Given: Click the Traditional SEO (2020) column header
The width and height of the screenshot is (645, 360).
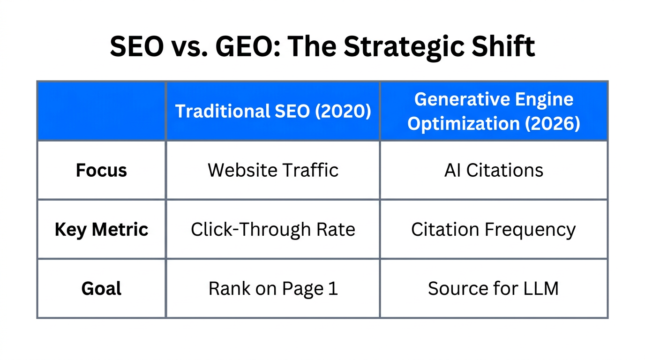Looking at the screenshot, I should click(273, 112).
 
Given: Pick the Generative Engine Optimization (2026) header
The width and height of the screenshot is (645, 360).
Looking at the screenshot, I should click(494, 112).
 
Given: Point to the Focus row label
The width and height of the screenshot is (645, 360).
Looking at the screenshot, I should click(101, 170).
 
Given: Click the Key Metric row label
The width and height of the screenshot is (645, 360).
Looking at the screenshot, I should click(101, 230).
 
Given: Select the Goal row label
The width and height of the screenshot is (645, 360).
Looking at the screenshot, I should click(101, 289).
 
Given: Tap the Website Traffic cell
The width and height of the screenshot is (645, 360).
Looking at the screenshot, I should click(273, 170).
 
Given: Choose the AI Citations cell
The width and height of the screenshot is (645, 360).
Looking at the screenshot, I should click(494, 170).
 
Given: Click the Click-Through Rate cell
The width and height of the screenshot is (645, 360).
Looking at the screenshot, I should click(273, 230).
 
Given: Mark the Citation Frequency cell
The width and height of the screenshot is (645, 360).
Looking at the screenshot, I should click(494, 230).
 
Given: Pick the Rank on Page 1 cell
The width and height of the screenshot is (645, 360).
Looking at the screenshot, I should click(273, 289).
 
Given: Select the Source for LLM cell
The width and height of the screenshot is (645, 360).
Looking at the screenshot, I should click(494, 289).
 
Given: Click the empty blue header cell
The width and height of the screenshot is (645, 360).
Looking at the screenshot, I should click(101, 112).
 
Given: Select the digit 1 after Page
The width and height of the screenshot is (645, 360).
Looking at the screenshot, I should click(333, 289).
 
